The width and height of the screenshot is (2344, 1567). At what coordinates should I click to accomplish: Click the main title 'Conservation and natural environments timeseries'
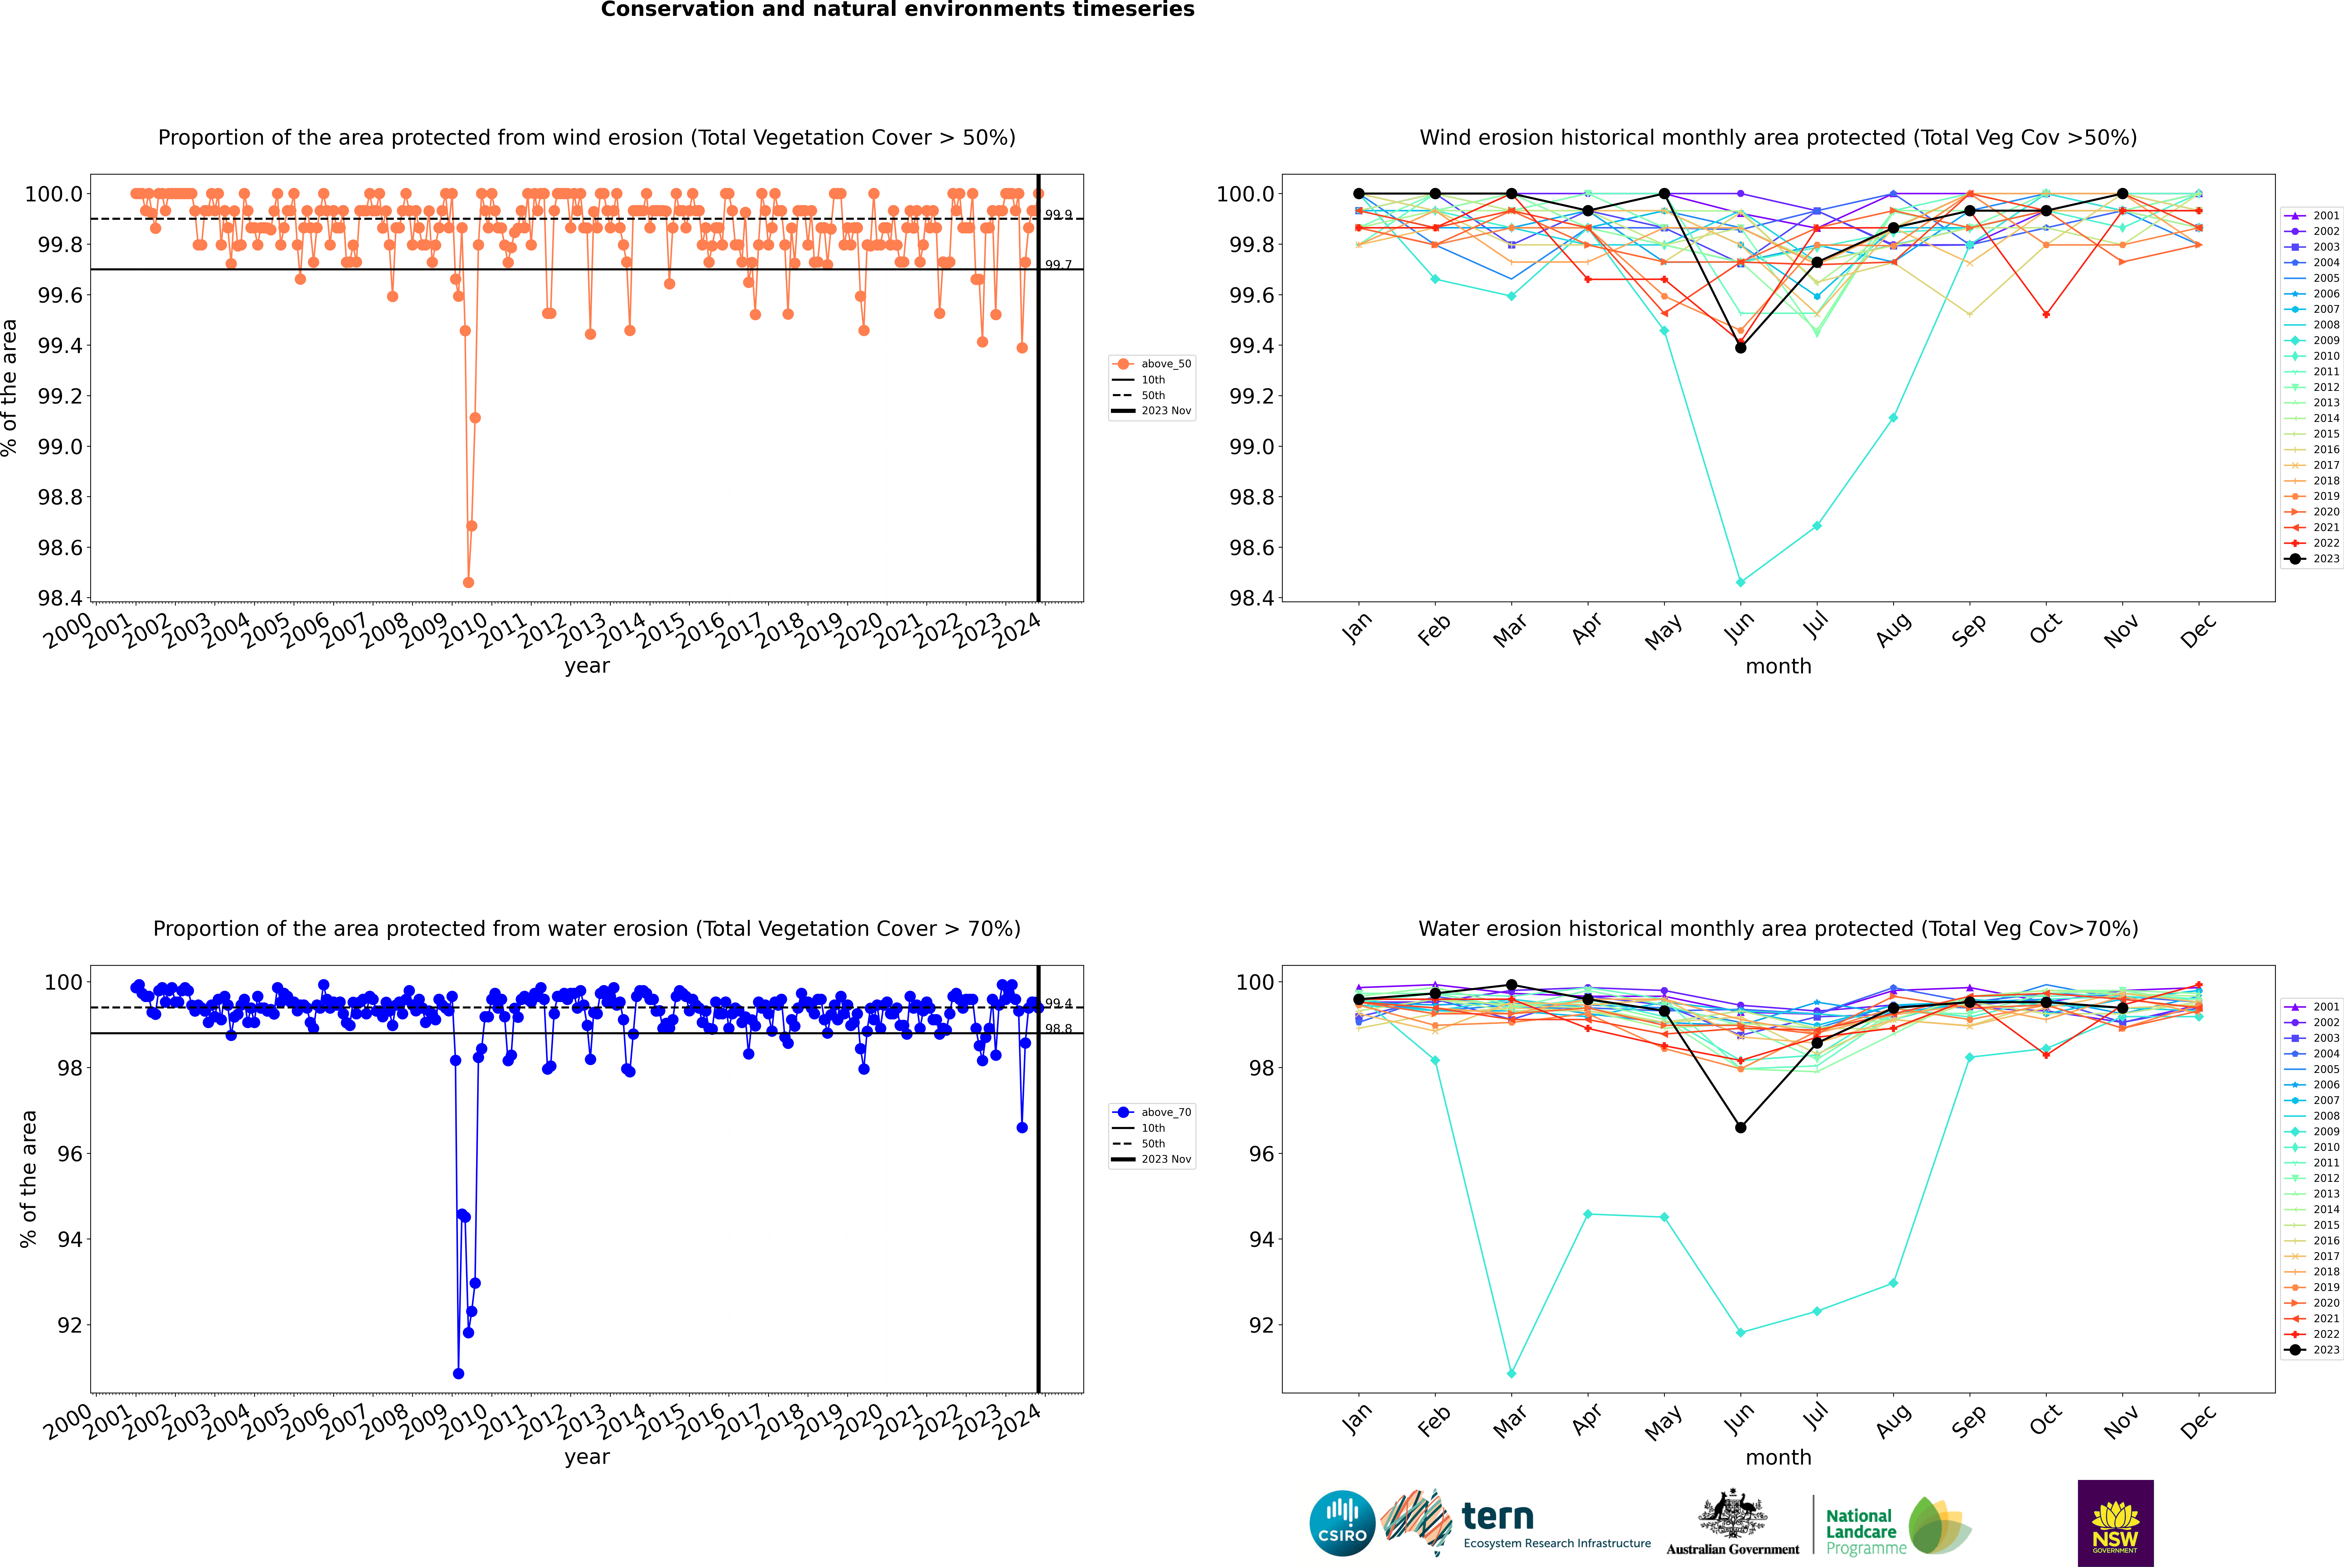click(x=897, y=10)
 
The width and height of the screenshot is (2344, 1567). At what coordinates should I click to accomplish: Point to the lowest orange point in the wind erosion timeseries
click(x=469, y=582)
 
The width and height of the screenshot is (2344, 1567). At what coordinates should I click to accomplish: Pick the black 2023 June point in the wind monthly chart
click(x=1740, y=348)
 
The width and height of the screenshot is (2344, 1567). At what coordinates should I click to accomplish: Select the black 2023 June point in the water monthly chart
click(x=1740, y=1127)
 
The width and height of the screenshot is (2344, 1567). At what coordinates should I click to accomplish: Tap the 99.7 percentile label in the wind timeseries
click(x=1058, y=265)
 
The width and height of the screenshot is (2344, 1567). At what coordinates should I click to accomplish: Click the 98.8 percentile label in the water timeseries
click(x=1058, y=1028)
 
